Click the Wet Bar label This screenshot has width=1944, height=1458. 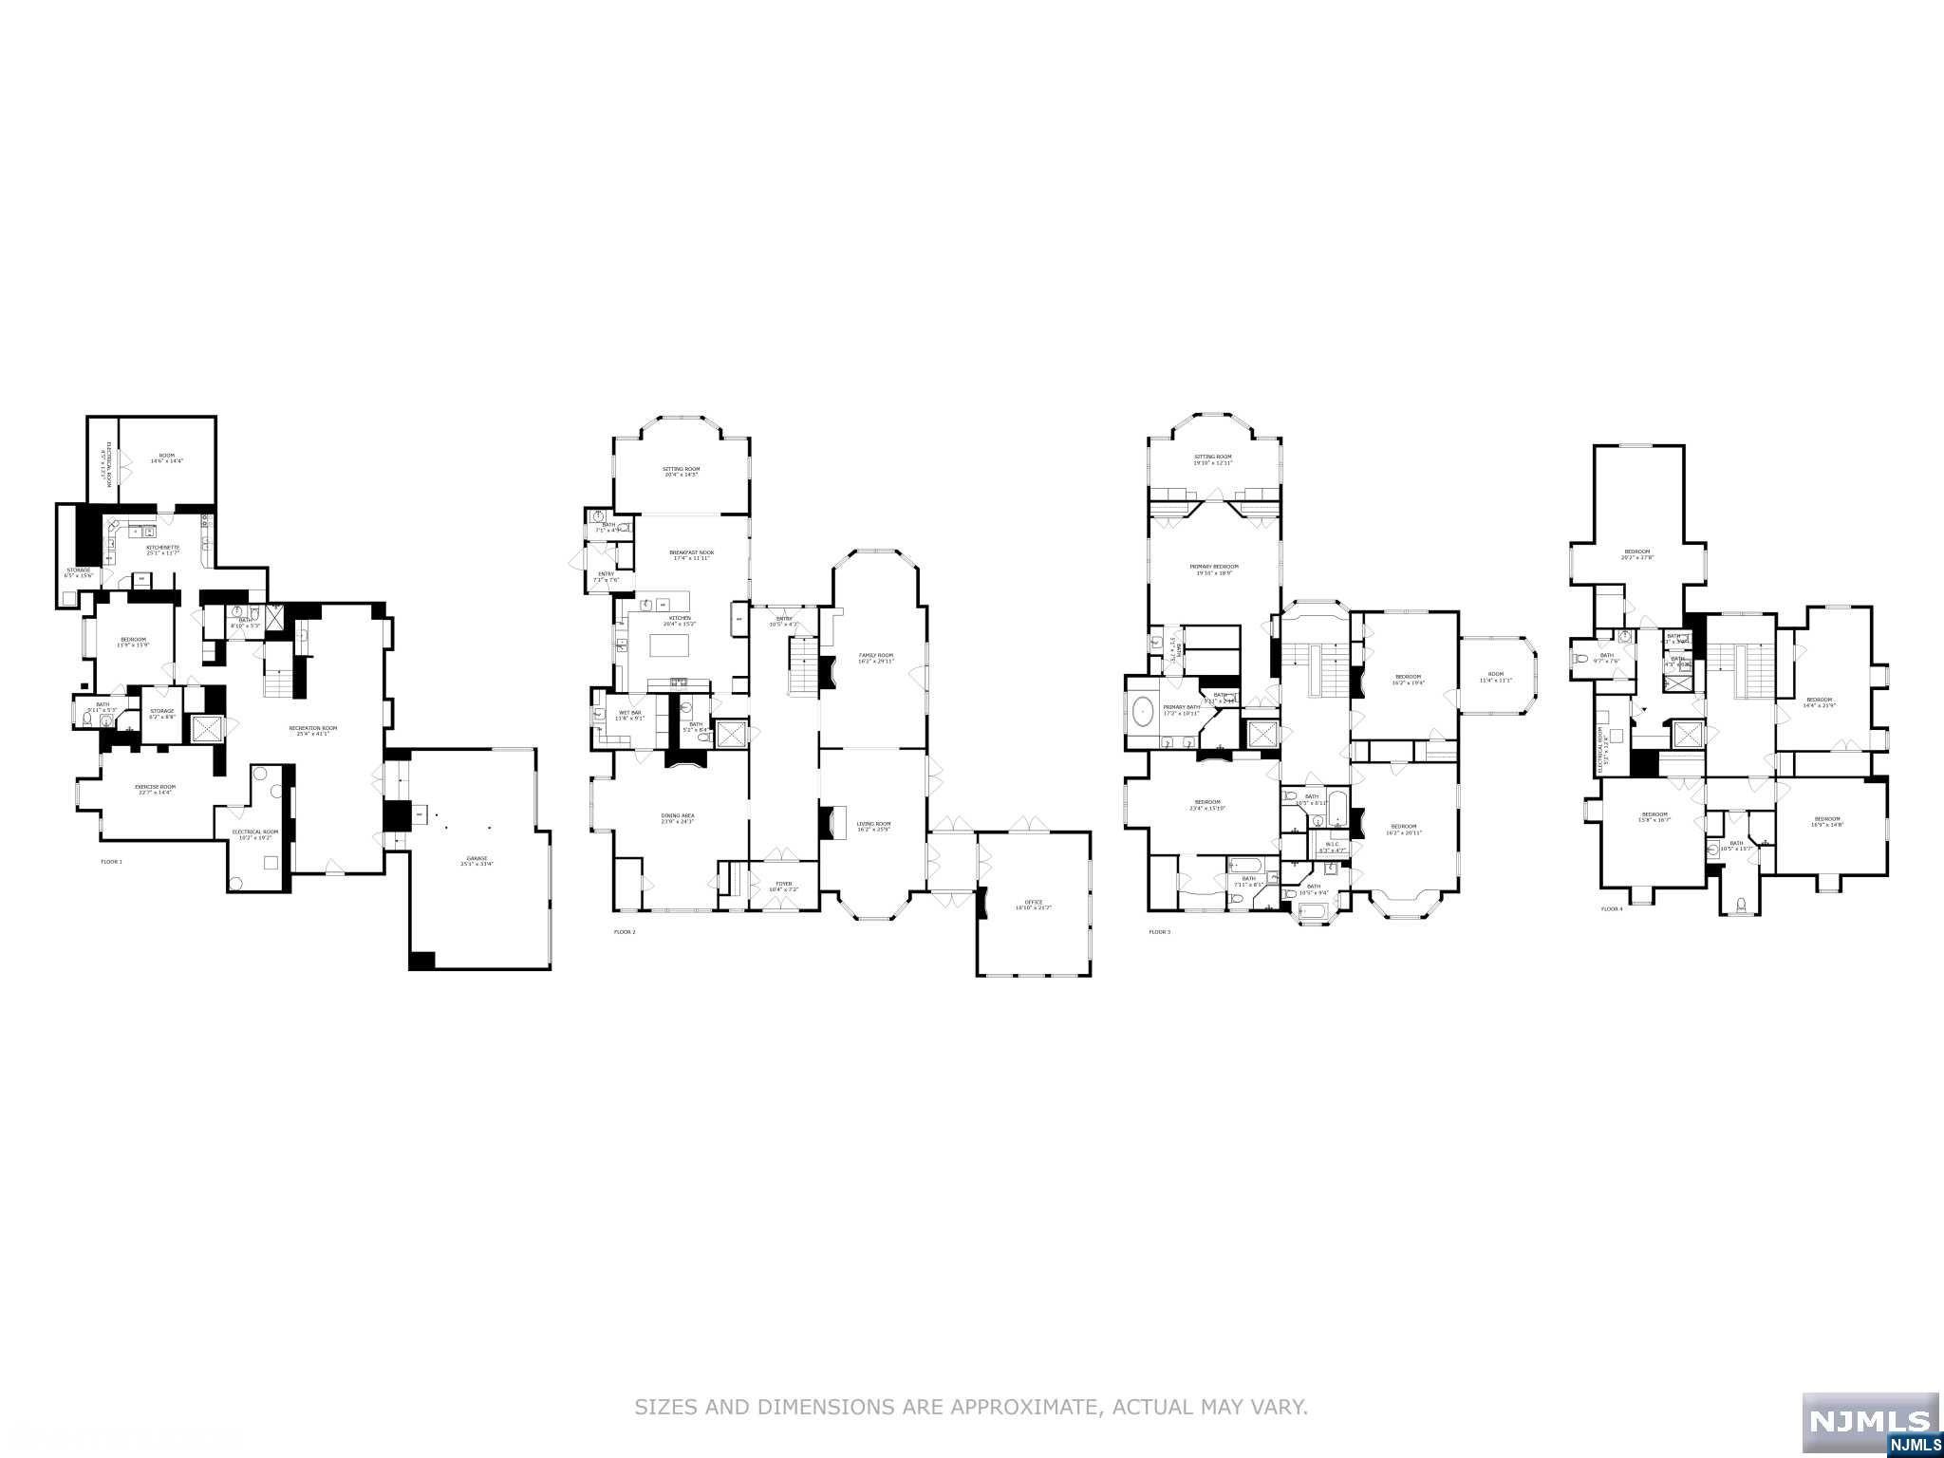[x=631, y=715]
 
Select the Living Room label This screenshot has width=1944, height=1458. [x=873, y=826]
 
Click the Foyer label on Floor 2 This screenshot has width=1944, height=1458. [x=783, y=886]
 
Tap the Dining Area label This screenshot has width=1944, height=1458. [x=677, y=817]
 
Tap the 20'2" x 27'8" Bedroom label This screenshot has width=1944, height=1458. [x=1636, y=554]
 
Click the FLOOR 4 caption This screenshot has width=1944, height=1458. [x=1612, y=909]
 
